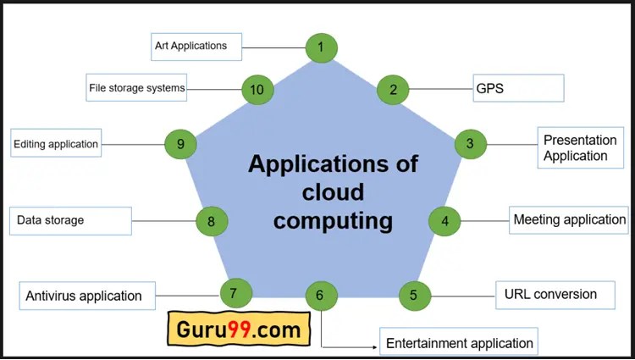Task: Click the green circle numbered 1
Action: tap(321, 47)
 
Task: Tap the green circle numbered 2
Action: tap(393, 89)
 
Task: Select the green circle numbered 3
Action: tap(470, 143)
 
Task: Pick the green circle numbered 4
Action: tap(444, 221)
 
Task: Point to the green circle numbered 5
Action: tap(414, 296)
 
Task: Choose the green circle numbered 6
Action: tap(320, 296)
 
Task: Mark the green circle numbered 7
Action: tap(235, 293)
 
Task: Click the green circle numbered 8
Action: tap(212, 222)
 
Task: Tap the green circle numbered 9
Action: tap(180, 144)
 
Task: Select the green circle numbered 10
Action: tap(257, 89)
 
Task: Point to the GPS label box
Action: tap(518, 88)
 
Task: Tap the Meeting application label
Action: tap(569, 220)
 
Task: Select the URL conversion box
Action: tap(550, 295)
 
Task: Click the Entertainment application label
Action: tap(460, 343)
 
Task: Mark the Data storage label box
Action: tap(71, 221)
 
